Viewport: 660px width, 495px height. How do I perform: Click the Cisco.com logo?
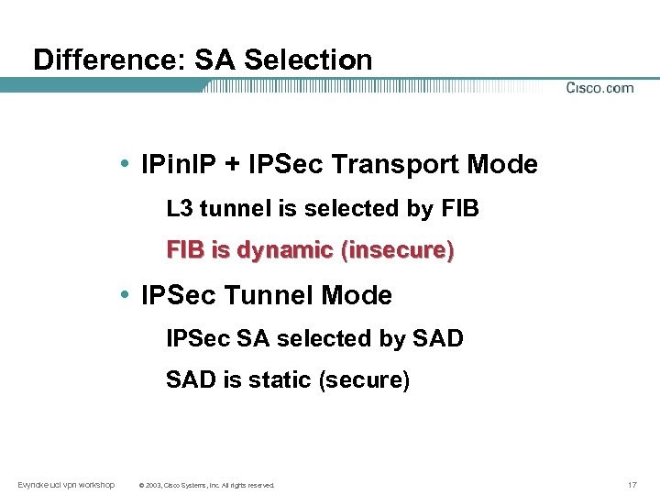coord(599,88)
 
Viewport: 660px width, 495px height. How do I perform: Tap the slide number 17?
coord(632,484)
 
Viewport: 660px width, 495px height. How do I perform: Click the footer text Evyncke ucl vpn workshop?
coord(66,484)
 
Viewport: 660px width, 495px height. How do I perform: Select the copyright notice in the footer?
coord(205,485)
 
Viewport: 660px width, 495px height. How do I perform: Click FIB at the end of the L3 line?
coord(459,209)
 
